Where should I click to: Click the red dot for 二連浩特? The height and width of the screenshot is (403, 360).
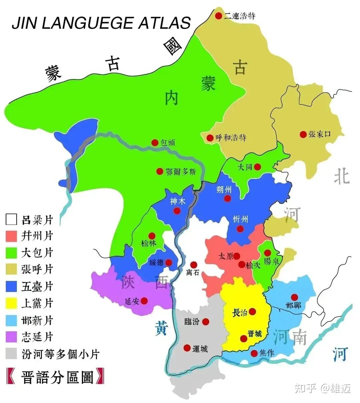tap(218, 16)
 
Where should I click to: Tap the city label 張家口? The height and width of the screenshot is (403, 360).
tap(320, 134)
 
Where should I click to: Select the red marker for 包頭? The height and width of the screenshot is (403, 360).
tap(155, 142)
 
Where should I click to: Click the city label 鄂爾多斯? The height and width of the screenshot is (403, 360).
tap(181, 172)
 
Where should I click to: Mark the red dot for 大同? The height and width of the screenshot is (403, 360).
tap(257, 167)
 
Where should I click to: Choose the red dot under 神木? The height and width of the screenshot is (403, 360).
tap(177, 211)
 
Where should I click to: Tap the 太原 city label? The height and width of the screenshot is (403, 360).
tap(226, 256)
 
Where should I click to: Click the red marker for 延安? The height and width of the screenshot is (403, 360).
tap(144, 301)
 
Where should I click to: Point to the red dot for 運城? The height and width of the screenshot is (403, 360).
tap(187, 348)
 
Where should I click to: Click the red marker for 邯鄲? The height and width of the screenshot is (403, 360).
tap(294, 297)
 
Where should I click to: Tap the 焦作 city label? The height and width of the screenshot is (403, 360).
tap(267, 353)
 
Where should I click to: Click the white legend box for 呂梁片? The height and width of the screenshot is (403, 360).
tap(11, 220)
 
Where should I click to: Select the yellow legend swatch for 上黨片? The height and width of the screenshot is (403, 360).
tap(11, 303)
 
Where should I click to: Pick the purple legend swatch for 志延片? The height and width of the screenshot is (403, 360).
tap(11, 337)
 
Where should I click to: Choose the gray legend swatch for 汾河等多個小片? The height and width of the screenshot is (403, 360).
tap(11, 354)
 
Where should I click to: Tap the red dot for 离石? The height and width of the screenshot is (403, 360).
tap(194, 264)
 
